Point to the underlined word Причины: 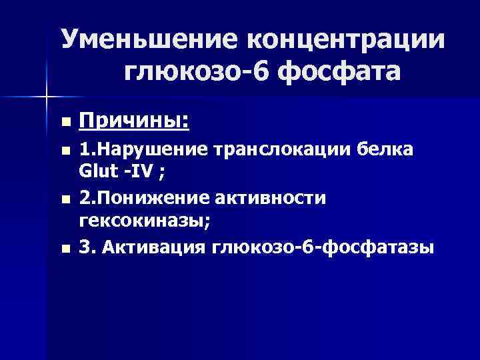point(133,121)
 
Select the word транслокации point(285,150)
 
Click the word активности point(280,199)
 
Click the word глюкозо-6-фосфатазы point(323,248)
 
